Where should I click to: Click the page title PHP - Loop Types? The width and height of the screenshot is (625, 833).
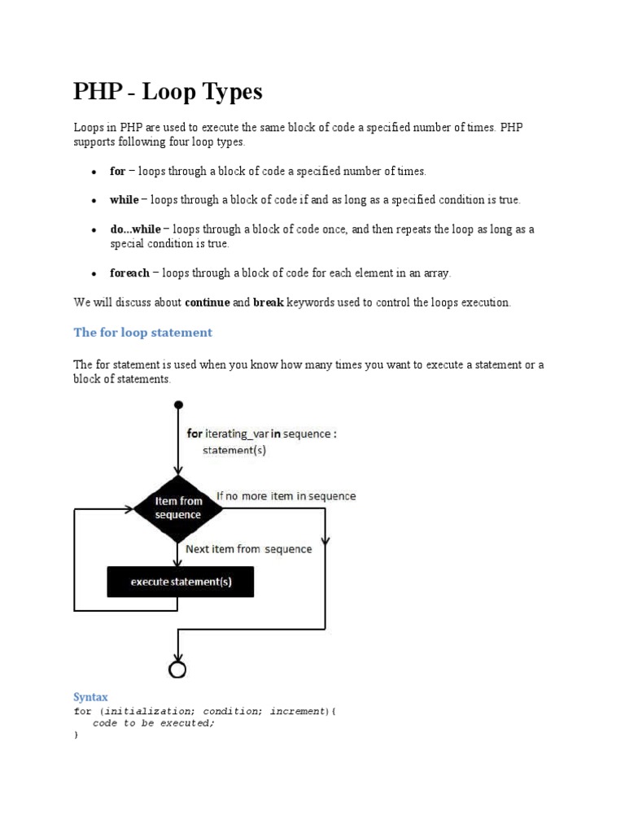[x=168, y=92]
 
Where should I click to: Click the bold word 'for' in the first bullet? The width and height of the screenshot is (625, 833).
[x=117, y=171]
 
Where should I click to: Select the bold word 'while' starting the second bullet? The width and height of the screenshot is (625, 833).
[x=124, y=200]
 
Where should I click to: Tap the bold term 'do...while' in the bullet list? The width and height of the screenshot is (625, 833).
[x=135, y=229]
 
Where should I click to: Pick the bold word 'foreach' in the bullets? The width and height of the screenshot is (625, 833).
[x=129, y=273]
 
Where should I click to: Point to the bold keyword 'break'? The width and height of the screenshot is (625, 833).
[x=268, y=303]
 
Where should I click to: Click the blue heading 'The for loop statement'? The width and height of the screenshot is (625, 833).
[x=142, y=332]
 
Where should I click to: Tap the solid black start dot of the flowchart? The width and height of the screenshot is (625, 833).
[x=178, y=404]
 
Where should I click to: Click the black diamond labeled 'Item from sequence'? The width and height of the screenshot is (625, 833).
[x=178, y=508]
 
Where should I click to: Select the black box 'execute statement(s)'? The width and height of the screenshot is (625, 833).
[x=180, y=582]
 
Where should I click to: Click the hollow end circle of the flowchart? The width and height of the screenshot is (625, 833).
[x=177, y=669]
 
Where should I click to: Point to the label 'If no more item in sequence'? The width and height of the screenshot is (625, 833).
[x=286, y=495]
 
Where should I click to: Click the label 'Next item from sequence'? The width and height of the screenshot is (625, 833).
[x=248, y=549]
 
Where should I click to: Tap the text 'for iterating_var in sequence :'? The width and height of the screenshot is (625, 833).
[x=262, y=434]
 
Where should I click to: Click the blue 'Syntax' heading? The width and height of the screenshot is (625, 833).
[x=90, y=697]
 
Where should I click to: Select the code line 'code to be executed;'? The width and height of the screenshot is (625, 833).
[x=154, y=723]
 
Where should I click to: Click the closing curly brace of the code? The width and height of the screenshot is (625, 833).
[x=76, y=735]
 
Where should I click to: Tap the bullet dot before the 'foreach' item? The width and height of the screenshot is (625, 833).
[x=94, y=274]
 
